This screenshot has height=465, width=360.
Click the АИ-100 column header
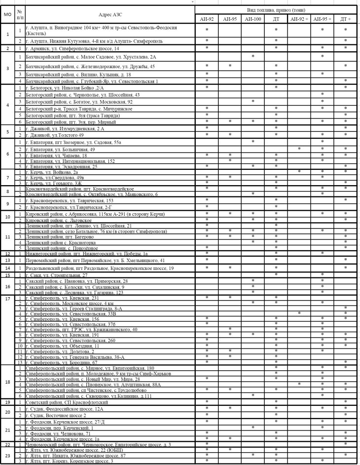(x=252, y=18)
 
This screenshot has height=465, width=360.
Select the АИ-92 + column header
(x=299, y=18)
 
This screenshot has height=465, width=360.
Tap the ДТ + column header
(x=346, y=18)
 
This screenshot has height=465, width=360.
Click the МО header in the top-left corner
(x=7, y=14)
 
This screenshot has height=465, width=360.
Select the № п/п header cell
(x=19, y=14)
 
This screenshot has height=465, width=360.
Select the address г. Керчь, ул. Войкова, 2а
(x=55, y=172)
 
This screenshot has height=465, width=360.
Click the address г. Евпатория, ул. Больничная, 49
(x=59, y=149)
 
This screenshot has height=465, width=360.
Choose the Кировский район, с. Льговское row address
(x=54, y=221)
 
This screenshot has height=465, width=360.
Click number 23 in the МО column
(x=7, y=455)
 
